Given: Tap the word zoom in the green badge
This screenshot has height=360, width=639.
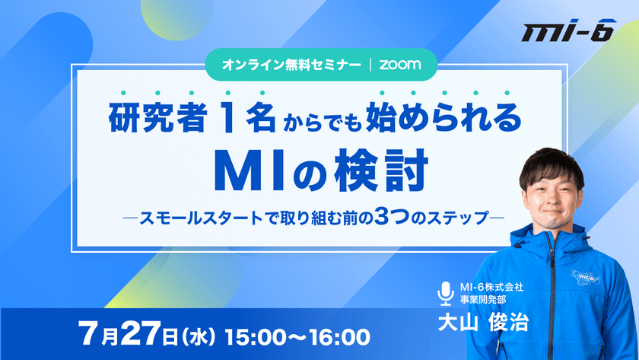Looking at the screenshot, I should [402, 65].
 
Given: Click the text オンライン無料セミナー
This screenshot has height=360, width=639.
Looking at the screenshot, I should [291, 65].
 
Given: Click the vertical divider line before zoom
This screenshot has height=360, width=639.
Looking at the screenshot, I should [369, 65].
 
